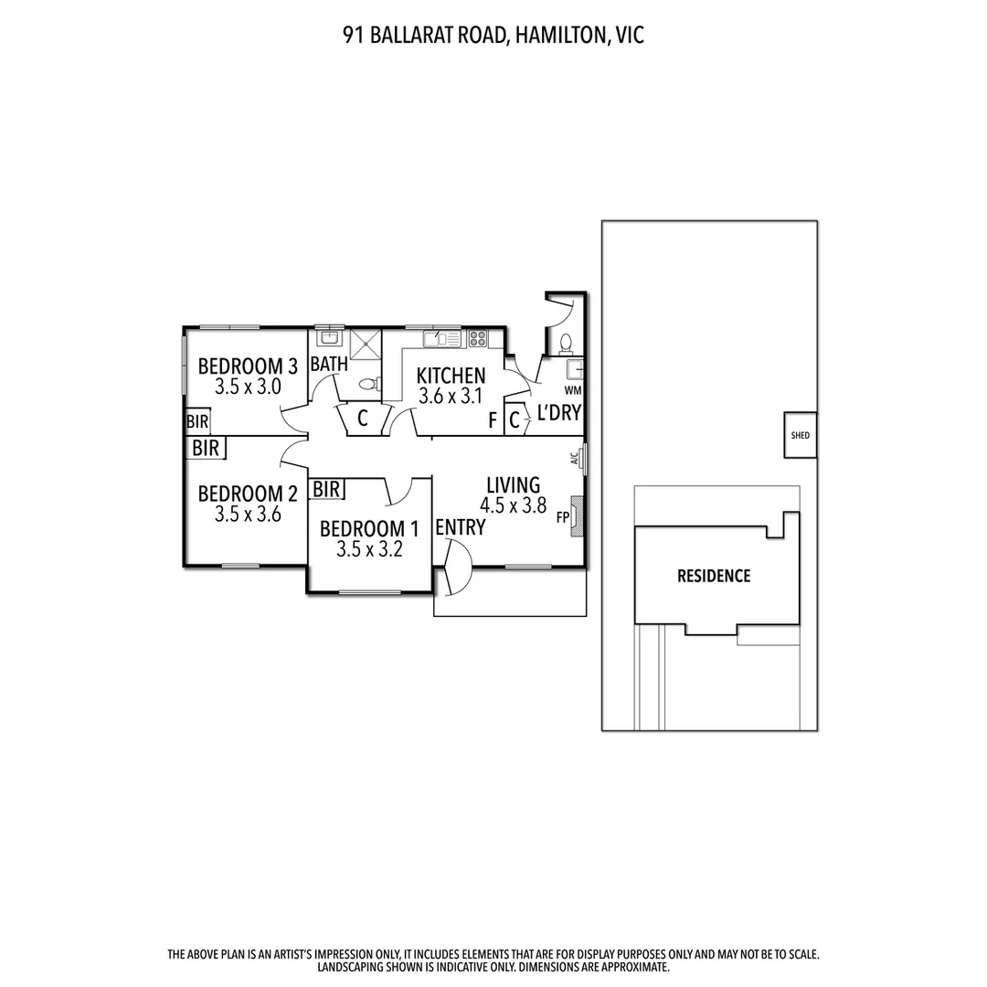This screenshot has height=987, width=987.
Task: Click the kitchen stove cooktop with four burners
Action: pyautogui.click(x=477, y=339)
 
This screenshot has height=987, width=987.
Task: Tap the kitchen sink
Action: pyautogui.click(x=443, y=339)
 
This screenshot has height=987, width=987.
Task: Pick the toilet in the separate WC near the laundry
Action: pyautogui.click(x=565, y=344)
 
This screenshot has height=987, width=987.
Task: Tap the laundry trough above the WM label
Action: pyautogui.click(x=575, y=370)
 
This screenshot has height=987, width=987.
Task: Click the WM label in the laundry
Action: pyautogui.click(x=573, y=390)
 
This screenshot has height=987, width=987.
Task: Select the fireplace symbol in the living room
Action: pyautogui.click(x=576, y=516)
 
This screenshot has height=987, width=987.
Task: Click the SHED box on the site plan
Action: pyautogui.click(x=801, y=436)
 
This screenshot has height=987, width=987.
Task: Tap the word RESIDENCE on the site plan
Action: pyautogui.click(x=714, y=576)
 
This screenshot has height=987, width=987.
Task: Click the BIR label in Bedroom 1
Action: pyautogui.click(x=327, y=490)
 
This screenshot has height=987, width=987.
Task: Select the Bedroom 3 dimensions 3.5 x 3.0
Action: pyautogui.click(x=248, y=387)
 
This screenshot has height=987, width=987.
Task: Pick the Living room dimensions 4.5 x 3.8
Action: pyautogui.click(x=513, y=504)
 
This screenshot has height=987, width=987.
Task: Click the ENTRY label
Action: pyautogui.click(x=460, y=527)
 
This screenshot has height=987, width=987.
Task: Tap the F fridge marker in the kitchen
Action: pyautogui.click(x=493, y=421)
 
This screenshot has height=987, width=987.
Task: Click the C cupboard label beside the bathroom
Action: pyautogui.click(x=362, y=419)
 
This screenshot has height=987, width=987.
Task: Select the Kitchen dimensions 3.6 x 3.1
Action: pyautogui.click(x=451, y=397)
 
